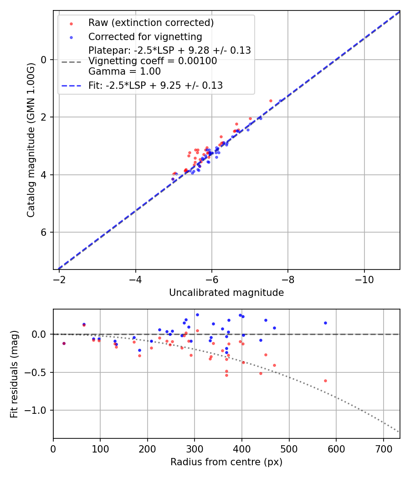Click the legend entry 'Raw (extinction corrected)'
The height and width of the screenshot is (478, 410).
(151, 23)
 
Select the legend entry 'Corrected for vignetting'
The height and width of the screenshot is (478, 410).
(145, 36)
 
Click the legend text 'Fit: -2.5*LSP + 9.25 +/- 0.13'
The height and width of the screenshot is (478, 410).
(155, 85)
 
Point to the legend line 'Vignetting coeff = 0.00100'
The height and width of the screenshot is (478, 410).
(153, 61)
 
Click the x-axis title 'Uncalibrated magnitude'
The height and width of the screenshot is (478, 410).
(226, 293)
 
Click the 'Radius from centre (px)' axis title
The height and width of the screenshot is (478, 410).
(226, 462)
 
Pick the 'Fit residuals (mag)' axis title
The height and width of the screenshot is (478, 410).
(14, 374)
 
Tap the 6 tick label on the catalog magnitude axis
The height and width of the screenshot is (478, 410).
(44, 232)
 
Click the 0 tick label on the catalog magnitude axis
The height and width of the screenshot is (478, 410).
(44, 60)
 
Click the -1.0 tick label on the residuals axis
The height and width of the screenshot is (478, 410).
(37, 410)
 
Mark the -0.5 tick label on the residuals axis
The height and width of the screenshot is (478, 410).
(37, 372)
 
